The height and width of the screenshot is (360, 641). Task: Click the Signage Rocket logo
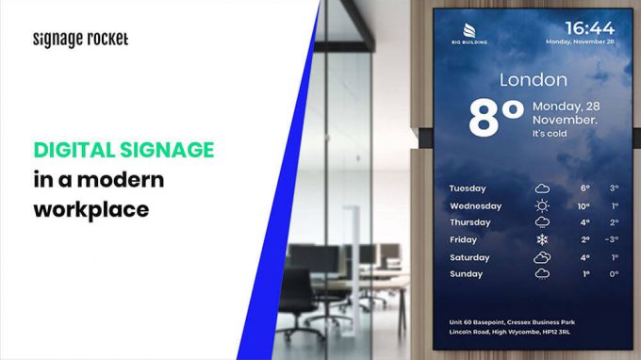(80, 40)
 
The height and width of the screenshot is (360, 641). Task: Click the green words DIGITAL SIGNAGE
(123, 150)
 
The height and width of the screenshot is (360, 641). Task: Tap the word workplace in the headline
(91, 208)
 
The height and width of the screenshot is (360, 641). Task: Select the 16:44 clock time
(590, 27)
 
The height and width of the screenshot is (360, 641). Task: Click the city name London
(533, 80)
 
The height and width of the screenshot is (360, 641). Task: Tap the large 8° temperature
(496, 121)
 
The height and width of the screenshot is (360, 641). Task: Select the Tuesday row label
(468, 188)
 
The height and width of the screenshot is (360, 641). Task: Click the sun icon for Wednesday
(542, 205)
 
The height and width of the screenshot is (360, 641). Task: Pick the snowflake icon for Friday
(542, 239)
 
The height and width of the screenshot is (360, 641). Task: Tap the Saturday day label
(469, 257)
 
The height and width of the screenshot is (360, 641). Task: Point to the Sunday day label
(466, 274)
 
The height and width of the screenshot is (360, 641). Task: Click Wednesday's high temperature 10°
(583, 205)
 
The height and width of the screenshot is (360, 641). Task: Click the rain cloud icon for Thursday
(542, 222)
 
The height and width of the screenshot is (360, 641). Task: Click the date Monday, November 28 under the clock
(579, 42)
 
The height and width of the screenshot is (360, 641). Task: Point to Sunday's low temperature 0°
(614, 274)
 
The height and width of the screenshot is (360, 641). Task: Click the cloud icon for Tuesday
(542, 188)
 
